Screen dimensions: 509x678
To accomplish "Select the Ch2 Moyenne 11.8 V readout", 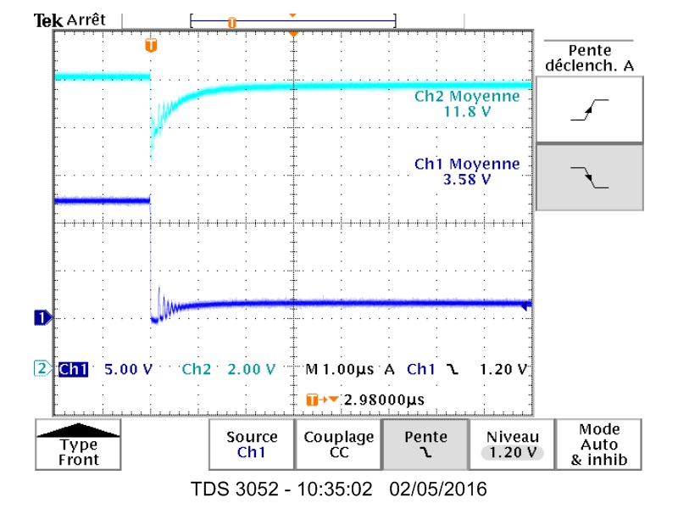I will tap(467, 103).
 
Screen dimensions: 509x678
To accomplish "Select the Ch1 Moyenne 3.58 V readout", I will tap(467, 171).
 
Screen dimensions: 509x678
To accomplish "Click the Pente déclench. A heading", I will tap(589, 59).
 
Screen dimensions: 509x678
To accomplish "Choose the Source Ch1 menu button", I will tap(252, 445).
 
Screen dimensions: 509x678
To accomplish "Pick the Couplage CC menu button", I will tap(338, 445).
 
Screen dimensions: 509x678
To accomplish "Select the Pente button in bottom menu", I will tap(425, 445).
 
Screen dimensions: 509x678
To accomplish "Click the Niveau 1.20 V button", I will tap(512, 445).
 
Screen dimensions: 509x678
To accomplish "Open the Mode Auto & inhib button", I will tap(599, 445).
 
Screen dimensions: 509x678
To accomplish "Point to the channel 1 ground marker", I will tap(40, 318).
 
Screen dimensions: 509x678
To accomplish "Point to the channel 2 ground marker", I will tap(40, 368).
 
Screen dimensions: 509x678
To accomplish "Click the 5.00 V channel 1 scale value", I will tap(128, 369).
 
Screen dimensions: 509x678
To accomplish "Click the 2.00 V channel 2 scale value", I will tap(252, 369).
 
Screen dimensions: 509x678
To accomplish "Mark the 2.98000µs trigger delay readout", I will tap(384, 400).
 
